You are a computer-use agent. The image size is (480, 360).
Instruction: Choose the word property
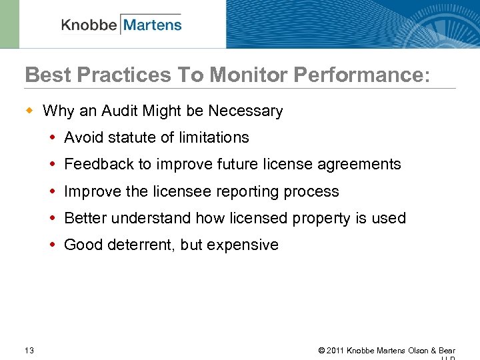(x=303, y=218)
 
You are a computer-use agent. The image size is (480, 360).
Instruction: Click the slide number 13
(x=29, y=351)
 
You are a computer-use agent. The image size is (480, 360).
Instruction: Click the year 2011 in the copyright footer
(x=335, y=351)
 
